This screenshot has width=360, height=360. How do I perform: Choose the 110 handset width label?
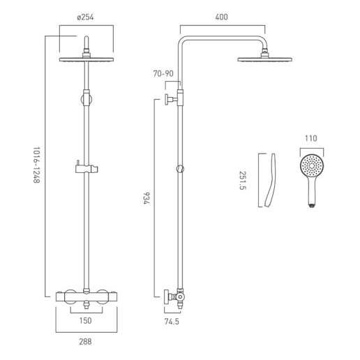310,138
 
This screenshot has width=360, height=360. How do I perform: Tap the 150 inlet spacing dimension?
86,321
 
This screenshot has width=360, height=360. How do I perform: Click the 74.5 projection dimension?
172,322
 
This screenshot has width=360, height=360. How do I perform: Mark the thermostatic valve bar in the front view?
86,297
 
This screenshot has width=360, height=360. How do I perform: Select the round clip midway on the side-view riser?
182,168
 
